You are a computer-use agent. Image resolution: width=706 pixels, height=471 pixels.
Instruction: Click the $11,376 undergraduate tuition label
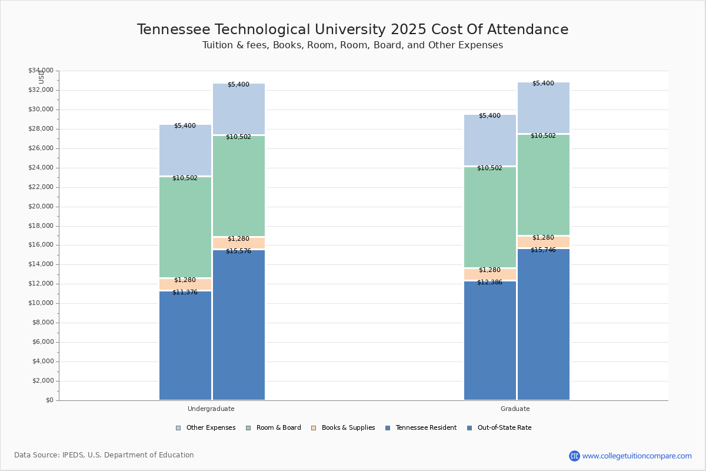[x=185, y=293]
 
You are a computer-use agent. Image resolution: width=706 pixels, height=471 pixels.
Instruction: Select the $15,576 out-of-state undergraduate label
[x=238, y=251]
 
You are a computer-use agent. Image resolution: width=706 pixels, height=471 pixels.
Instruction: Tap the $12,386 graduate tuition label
[x=489, y=283]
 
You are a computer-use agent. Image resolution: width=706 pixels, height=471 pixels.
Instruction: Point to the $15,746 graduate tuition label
[x=543, y=250]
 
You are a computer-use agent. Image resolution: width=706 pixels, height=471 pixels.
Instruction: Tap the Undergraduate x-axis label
[x=211, y=409]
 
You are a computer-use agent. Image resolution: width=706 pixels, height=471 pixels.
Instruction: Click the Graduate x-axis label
[x=515, y=409]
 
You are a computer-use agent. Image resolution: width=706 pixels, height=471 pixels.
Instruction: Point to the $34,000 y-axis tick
[x=41, y=71]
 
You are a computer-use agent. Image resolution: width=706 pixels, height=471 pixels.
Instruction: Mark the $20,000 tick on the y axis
[x=41, y=207]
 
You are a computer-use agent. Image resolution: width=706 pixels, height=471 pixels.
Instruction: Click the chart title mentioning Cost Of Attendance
[x=352, y=30]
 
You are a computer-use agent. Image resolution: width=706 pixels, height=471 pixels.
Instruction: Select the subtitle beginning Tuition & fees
[x=352, y=45]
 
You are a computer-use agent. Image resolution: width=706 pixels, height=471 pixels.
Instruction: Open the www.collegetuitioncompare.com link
[x=637, y=456]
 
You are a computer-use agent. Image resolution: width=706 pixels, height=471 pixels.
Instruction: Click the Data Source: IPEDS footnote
[x=104, y=455]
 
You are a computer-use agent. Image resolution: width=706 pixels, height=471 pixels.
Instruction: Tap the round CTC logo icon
[x=574, y=456]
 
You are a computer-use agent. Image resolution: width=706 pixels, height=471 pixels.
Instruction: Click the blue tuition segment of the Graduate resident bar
[x=489, y=341]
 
